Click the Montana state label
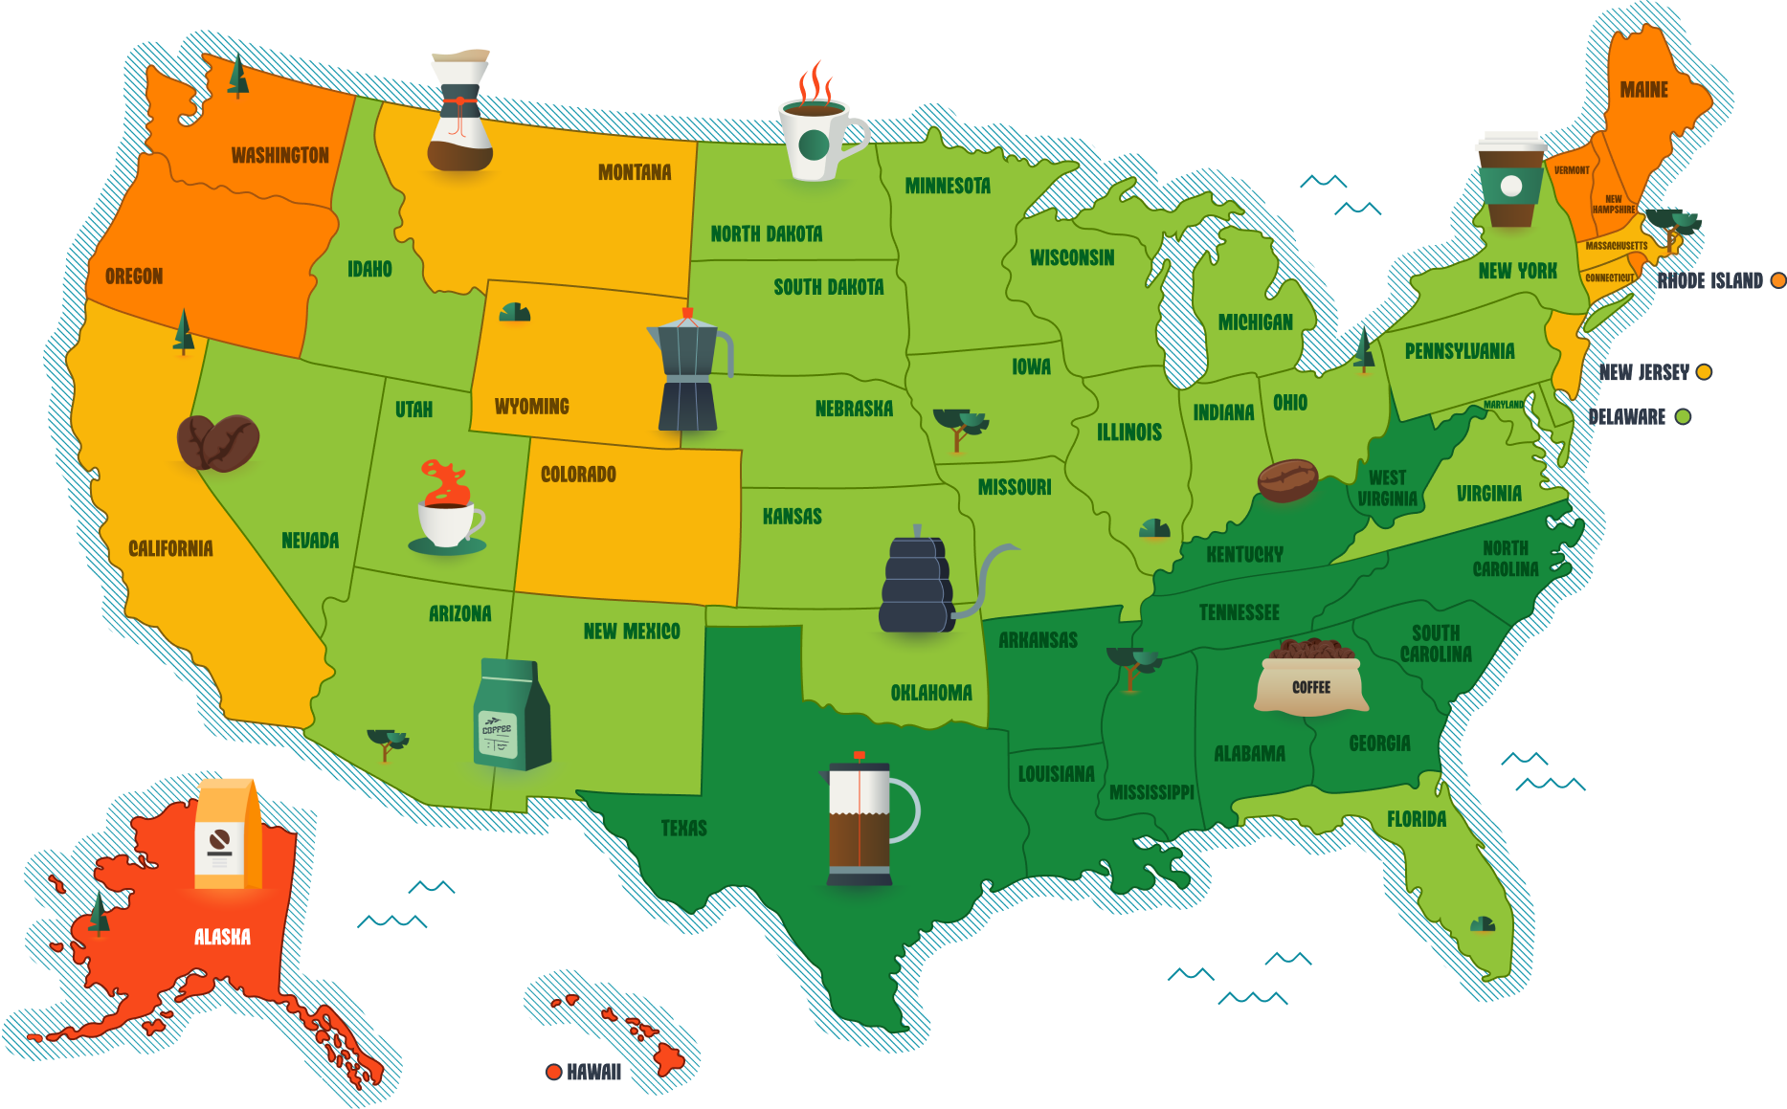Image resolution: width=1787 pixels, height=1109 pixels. (635, 172)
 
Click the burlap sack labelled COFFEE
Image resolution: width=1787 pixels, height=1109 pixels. (1311, 676)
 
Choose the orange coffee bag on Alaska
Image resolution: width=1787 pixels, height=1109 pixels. (228, 834)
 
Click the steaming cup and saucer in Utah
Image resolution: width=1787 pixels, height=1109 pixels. (447, 512)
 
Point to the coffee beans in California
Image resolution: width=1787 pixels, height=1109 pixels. (218, 442)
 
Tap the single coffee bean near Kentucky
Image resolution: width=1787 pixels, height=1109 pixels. (1287, 480)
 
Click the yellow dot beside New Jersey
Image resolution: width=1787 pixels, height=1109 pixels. (1704, 372)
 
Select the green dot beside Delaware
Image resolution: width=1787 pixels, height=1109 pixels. (1683, 416)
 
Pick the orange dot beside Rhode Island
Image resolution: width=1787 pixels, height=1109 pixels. (1777, 280)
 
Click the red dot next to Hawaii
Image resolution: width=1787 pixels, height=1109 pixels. (553, 1072)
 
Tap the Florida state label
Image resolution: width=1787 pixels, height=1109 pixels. (1417, 819)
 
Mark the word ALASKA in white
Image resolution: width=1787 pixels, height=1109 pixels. (222, 937)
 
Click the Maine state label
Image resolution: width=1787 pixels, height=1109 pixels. (1643, 90)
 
